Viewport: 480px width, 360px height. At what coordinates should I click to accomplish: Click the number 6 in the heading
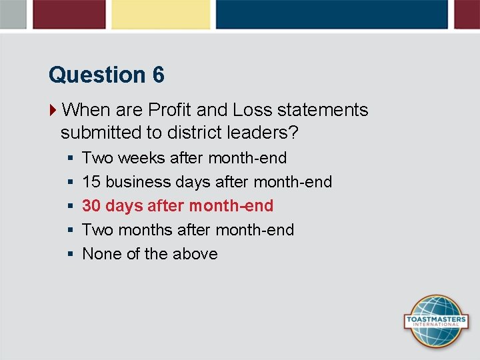pos(158,75)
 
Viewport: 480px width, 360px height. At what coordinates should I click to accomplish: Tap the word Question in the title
pos(97,75)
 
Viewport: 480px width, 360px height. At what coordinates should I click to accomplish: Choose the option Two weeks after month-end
pos(184,158)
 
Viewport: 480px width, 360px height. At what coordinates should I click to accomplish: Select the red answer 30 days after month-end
pos(177,206)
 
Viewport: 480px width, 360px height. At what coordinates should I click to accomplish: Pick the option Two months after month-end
pos(187,230)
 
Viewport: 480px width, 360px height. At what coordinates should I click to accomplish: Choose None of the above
pos(149,254)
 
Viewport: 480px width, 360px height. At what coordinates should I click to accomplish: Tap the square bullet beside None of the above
pos(70,254)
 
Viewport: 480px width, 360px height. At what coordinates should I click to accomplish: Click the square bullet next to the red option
pos(70,206)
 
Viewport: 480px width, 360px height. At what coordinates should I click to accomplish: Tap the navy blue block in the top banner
pos(331,14)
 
